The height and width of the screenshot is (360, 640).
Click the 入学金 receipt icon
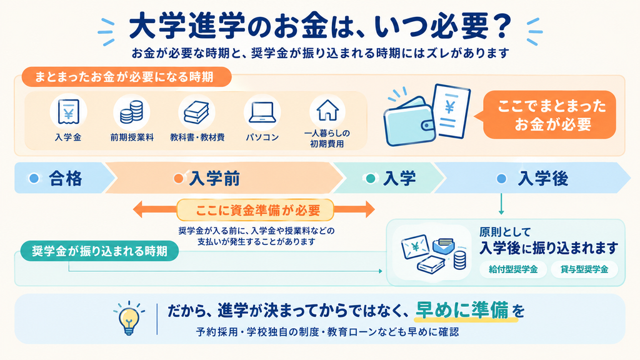[x=68, y=111]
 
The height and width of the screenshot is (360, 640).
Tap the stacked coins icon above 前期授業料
[x=131, y=112]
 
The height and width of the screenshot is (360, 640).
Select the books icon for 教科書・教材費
[x=197, y=112]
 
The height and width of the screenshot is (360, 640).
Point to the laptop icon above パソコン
[x=262, y=112]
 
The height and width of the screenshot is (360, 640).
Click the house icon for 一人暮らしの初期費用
[x=327, y=110]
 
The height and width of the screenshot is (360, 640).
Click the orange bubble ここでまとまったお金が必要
[x=549, y=115]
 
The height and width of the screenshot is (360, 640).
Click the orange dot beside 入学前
[x=178, y=178]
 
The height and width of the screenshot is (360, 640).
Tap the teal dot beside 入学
[x=371, y=178]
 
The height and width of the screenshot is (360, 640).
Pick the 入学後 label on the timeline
[x=543, y=178]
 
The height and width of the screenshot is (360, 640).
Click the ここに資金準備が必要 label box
[x=256, y=210]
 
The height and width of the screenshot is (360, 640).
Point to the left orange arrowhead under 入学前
[x=138, y=209]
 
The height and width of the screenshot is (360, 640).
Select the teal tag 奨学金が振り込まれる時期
[x=99, y=251]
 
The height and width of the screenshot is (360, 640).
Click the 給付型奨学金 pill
[x=513, y=269]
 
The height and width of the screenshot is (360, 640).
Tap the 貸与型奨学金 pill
[x=584, y=269]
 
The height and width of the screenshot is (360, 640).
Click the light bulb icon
[x=129, y=319]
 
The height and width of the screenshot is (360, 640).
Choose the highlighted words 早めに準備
[x=462, y=311]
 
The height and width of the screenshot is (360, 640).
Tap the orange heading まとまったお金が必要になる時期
[x=124, y=77]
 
